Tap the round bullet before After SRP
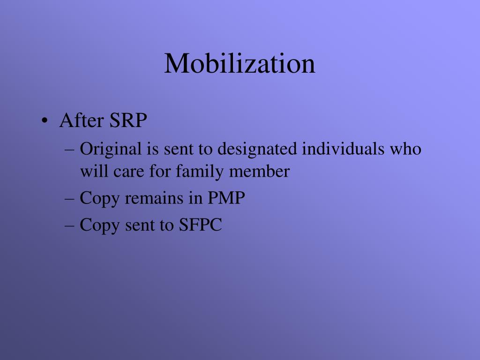(x=44, y=121)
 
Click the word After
(x=82, y=120)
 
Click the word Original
(x=111, y=150)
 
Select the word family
(x=201, y=172)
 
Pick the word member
(x=259, y=172)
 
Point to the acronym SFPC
(x=200, y=225)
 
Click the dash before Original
(x=70, y=150)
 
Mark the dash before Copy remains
(x=70, y=199)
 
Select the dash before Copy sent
(x=70, y=225)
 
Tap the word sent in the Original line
(x=178, y=150)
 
